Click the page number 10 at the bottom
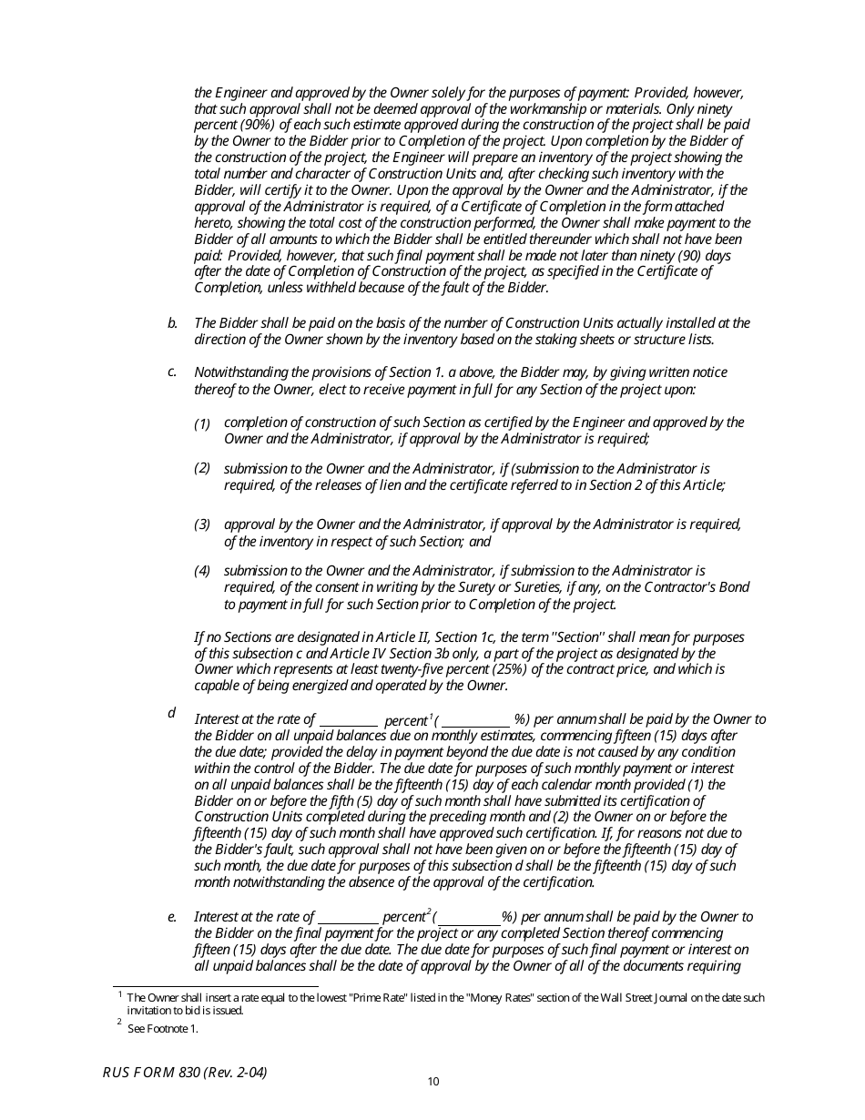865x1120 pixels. [x=433, y=1082]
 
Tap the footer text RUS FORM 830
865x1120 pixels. [x=185, y=1073]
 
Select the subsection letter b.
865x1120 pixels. [x=171, y=323]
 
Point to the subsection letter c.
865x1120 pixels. [x=171, y=372]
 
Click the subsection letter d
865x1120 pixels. [x=171, y=713]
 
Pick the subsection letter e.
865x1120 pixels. [x=171, y=917]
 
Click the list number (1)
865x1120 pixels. [x=202, y=423]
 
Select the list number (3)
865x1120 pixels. [x=202, y=524]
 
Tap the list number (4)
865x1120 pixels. [x=202, y=571]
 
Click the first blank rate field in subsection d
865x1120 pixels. [x=349, y=720]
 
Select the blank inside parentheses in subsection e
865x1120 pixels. [x=469, y=917]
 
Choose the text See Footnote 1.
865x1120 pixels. [x=162, y=1029]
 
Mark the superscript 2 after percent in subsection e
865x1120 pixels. [x=429, y=911]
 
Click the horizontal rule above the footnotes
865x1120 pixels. [x=215, y=986]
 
